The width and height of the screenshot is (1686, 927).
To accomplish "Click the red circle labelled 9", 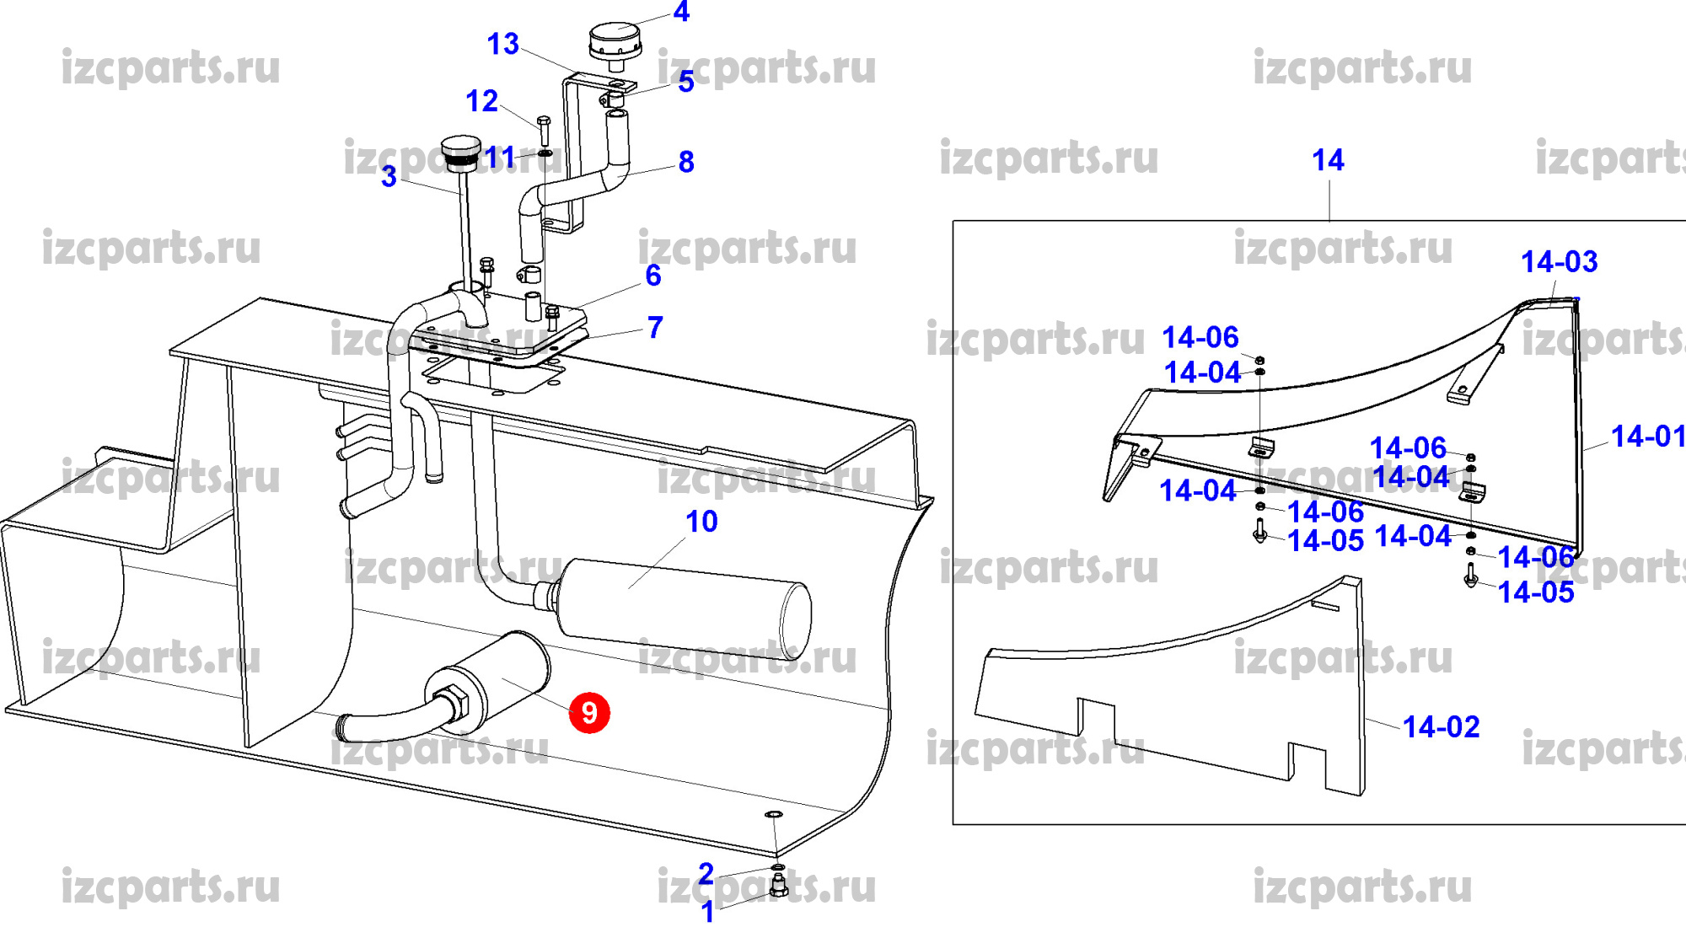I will (x=589, y=713).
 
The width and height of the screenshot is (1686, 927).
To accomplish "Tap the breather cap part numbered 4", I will (x=615, y=42).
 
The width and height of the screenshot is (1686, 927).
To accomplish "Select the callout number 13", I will (x=503, y=44).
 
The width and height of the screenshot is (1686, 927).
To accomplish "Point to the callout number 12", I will (x=482, y=101).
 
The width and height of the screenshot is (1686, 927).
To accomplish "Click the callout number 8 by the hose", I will (x=686, y=162).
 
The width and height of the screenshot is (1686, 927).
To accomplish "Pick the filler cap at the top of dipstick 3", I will (x=461, y=152).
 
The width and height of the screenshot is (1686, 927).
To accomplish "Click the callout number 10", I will (x=701, y=522).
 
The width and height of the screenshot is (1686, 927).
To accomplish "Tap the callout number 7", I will (x=655, y=327).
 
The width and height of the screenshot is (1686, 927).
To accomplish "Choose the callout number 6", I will (x=653, y=276).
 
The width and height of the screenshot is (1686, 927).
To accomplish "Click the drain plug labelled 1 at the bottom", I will (x=779, y=886).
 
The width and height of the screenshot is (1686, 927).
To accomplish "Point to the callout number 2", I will (x=706, y=874).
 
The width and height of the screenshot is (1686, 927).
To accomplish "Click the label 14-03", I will (x=1559, y=262).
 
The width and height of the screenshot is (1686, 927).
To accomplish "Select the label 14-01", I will (x=1647, y=437).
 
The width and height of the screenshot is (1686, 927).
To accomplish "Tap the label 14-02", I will (x=1441, y=727).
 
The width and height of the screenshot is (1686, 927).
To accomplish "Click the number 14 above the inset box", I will (x=1328, y=160).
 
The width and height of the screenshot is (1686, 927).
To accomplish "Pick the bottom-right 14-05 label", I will (x=1536, y=592).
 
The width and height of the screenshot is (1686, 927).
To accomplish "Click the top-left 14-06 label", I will (x=1200, y=338).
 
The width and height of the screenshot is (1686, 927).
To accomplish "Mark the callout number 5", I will (x=686, y=82).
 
